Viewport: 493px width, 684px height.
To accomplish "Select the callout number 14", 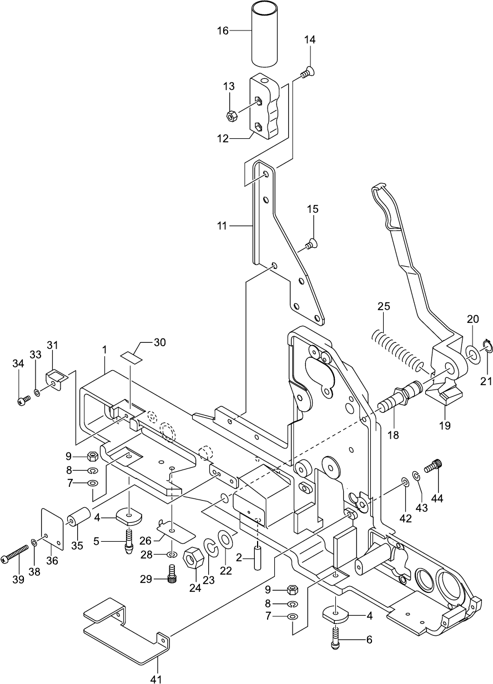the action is (309, 39).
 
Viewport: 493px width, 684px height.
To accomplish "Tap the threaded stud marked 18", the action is (400, 398).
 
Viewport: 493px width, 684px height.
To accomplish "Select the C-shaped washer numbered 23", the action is (211, 551).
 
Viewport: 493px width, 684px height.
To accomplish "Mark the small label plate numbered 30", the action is (132, 358).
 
